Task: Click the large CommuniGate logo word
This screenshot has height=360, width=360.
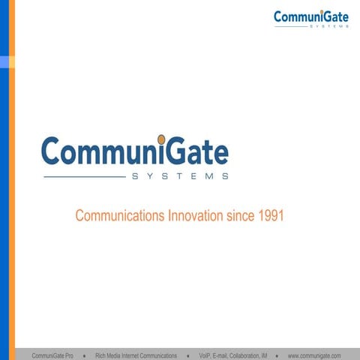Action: pyautogui.click(x=135, y=151)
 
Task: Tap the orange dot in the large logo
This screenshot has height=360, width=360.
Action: pyautogui.click(x=161, y=139)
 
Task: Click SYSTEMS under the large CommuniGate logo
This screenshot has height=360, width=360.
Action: pyautogui.click(x=180, y=177)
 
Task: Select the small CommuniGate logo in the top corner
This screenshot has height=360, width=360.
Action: pyautogui.click(x=310, y=17)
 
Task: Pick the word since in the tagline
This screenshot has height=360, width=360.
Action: pyautogui.click(x=241, y=216)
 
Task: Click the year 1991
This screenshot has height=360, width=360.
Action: pyautogui.click(x=271, y=216)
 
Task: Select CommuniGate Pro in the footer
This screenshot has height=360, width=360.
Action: pyautogui.click(x=52, y=355)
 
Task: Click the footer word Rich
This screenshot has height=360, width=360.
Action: pyautogui.click(x=101, y=355)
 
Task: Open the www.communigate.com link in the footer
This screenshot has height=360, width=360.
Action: pyautogui.click(x=314, y=355)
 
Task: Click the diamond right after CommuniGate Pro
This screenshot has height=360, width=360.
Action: pyautogui.click(x=84, y=355)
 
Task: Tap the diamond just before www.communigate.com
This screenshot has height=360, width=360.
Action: pyautogui.click(x=277, y=355)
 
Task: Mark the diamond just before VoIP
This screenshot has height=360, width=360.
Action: pyautogui.click(x=187, y=355)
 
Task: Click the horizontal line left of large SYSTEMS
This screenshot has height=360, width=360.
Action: pyautogui.click(x=84, y=177)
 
